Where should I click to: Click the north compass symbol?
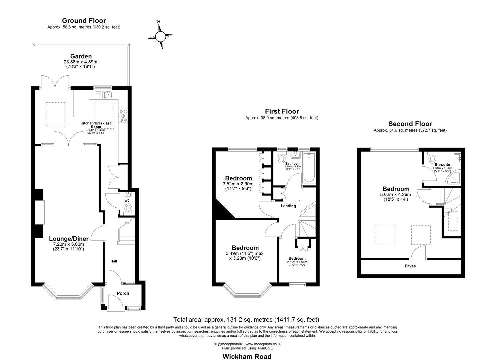point(161,35)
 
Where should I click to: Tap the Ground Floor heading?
point(84,21)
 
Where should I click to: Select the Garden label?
point(81,56)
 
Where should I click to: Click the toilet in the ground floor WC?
point(128,209)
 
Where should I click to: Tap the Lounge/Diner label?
point(69,239)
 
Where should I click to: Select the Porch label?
point(123,293)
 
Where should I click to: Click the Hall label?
point(114,261)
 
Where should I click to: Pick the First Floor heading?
point(282,111)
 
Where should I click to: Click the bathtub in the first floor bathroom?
point(308,168)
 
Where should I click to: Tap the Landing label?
point(288,206)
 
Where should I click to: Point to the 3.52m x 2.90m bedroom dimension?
point(238,184)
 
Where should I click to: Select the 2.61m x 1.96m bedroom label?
point(297,258)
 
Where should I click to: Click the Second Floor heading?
point(410,124)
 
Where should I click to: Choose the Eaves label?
point(410,266)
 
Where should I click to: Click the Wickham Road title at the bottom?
point(247,356)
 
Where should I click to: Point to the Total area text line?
point(246,320)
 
